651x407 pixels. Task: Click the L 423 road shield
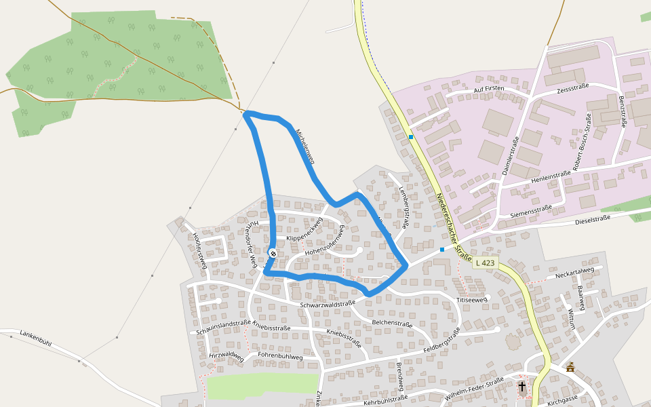tap(486, 263)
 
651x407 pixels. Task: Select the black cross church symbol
tap(522, 387)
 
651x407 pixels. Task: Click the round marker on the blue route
tap(273, 254)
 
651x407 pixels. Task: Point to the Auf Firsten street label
tap(489, 90)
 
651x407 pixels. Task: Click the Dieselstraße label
tap(593, 219)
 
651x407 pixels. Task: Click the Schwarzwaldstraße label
tap(328, 305)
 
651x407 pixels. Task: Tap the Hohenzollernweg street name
tap(325, 243)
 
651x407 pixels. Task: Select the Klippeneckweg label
tap(304, 231)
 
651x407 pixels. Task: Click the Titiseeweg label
tap(471, 299)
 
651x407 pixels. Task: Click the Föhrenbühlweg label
tap(280, 356)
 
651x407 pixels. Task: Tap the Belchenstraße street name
tap(392, 324)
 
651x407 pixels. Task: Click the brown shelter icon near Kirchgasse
tap(570, 368)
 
